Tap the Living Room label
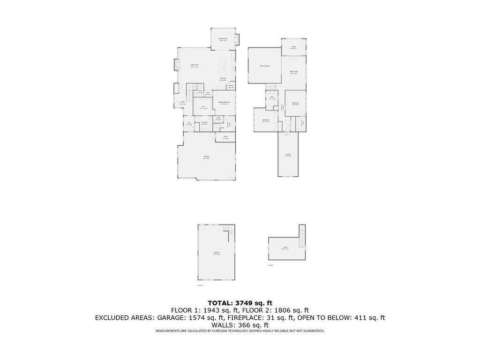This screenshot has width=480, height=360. tap(195, 66)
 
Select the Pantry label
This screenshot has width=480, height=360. tap(231, 86)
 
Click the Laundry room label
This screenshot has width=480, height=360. tap(204, 123)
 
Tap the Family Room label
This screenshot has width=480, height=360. tap(294, 72)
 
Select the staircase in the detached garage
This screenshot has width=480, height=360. tap(229, 229)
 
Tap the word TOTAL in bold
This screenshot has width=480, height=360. tap(219, 303)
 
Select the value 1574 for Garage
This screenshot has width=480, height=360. tap(195, 318)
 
